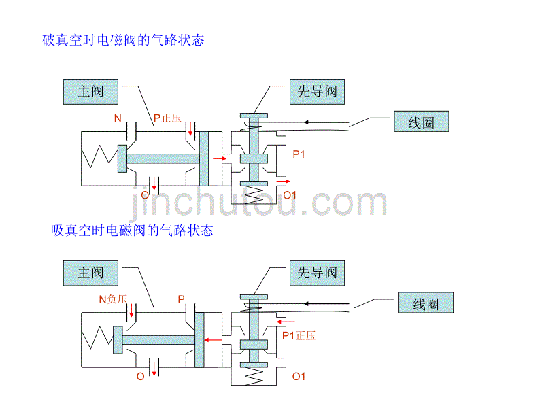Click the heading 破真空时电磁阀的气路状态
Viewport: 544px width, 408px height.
122,40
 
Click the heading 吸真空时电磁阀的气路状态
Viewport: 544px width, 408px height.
132,231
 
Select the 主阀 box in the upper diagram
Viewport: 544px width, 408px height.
90,91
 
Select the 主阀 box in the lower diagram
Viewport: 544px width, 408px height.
90,273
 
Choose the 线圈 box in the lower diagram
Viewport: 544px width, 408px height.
426,304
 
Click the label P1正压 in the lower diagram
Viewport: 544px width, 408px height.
299,335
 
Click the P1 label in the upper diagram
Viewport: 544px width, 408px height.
299,154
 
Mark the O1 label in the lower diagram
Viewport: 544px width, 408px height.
299,376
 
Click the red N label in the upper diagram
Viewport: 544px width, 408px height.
118,118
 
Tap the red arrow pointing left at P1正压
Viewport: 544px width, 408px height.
286,320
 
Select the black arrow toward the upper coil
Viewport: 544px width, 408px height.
326,123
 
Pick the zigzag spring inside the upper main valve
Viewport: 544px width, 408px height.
98,158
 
